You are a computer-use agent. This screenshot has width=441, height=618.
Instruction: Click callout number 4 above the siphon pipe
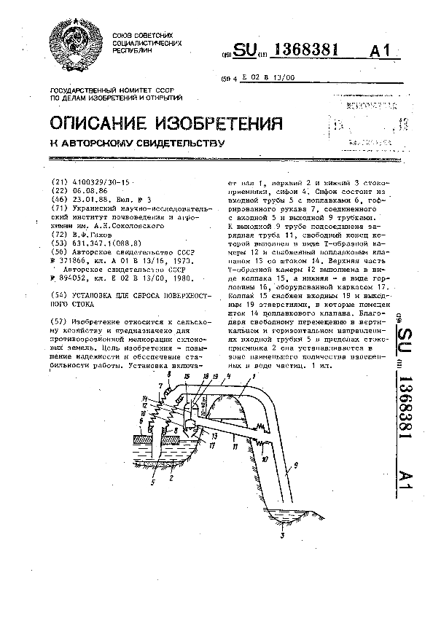230,376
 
